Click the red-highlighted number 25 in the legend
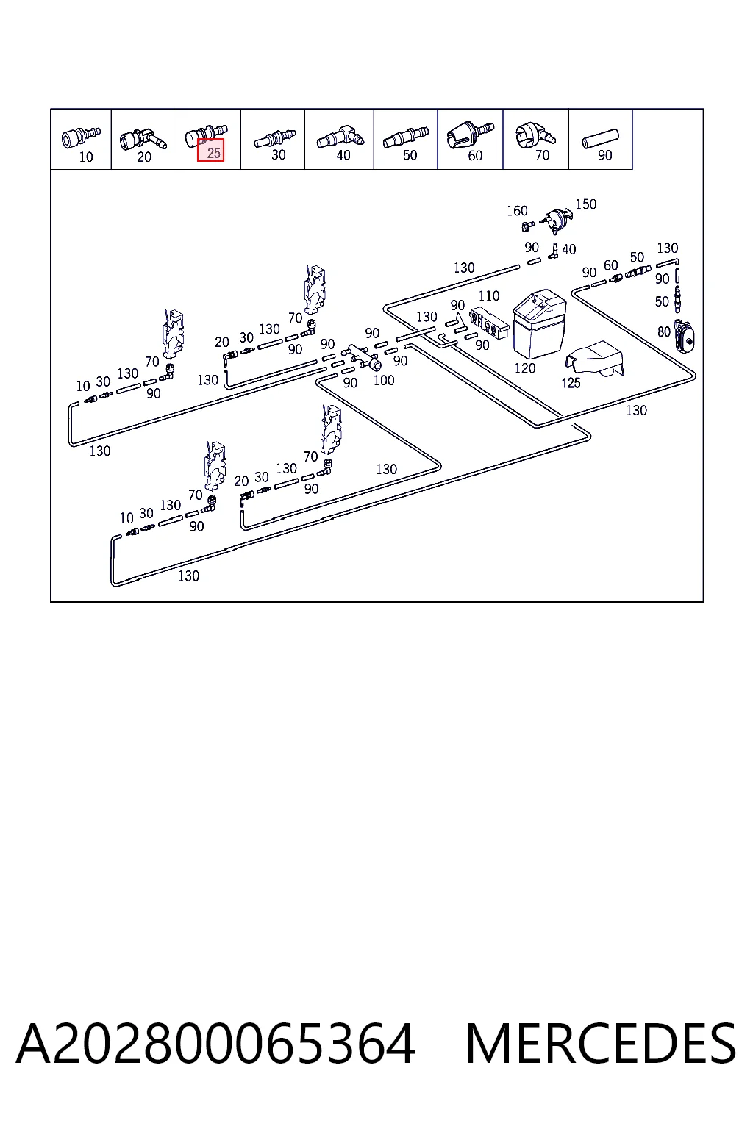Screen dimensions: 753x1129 coord(214,153)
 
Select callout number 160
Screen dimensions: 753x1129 coord(517,211)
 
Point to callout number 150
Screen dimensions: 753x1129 coord(586,204)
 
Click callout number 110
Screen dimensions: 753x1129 coord(489,295)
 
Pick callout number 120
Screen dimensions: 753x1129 coord(524,368)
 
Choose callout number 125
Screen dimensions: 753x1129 coord(571,383)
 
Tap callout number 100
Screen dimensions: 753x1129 coord(384,381)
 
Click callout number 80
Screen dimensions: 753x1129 coord(664,331)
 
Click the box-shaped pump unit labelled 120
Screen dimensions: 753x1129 coord(539,323)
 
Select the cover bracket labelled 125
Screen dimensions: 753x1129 coord(595,359)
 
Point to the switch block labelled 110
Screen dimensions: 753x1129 coord(489,323)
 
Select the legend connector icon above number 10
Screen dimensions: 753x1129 coord(81,137)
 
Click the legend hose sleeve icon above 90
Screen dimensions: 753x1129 coord(600,139)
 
